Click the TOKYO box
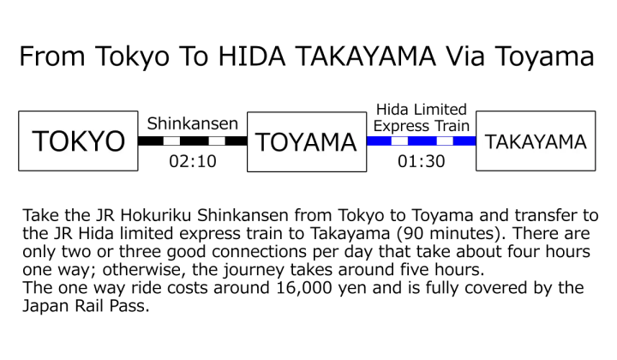[x=78, y=141]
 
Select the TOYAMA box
[x=306, y=141]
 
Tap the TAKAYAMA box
[x=535, y=141]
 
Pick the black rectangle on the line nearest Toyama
[x=399, y=141]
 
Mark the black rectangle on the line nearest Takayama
[x=444, y=141]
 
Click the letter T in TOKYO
[x=40, y=141]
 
